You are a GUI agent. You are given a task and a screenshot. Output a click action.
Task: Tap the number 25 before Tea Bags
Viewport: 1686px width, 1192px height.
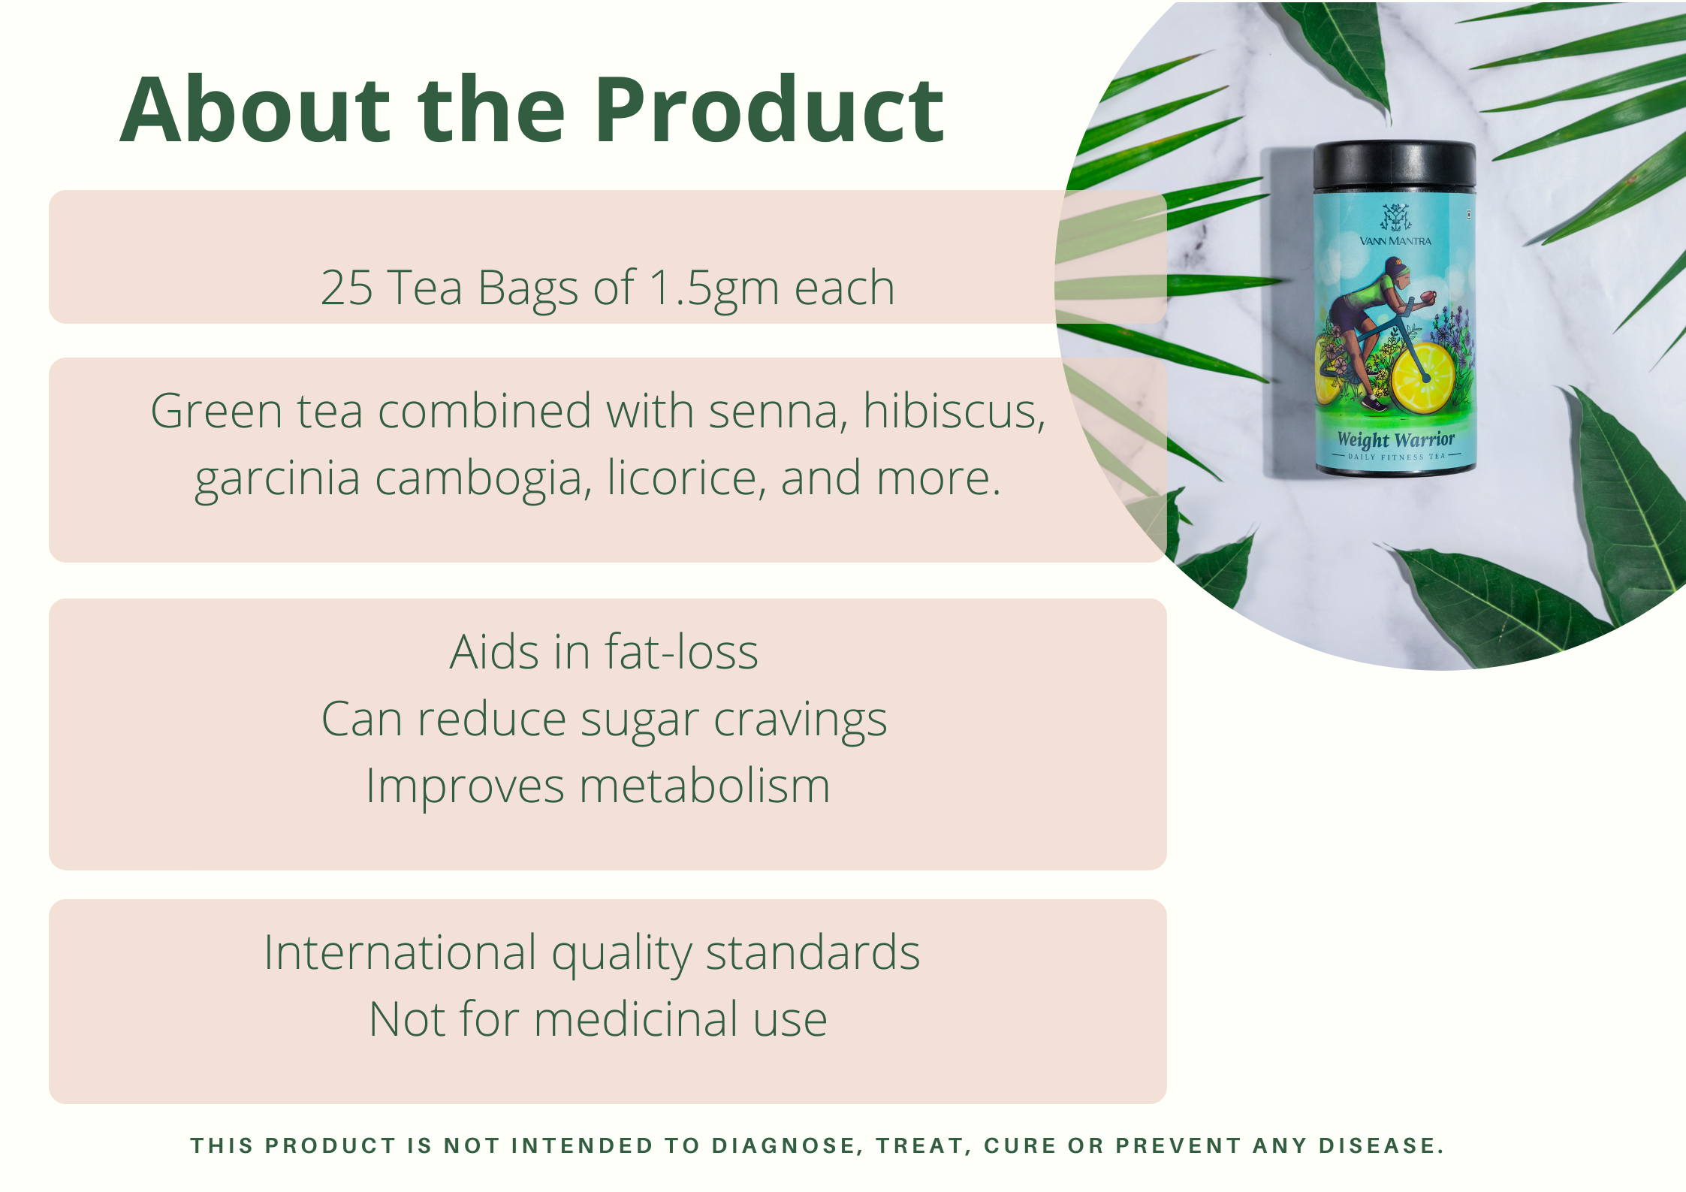[346, 288]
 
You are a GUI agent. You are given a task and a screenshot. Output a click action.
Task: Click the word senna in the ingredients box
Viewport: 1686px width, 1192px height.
[778, 413]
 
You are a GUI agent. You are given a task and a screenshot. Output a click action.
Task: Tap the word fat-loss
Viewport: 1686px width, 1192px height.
[681, 651]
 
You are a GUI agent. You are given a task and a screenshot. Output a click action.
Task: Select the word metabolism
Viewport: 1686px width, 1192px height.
[704, 786]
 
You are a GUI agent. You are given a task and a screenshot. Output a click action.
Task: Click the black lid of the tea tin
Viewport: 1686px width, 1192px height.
[1395, 167]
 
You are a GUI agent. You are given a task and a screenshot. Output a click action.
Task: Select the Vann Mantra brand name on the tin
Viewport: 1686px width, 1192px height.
[1395, 241]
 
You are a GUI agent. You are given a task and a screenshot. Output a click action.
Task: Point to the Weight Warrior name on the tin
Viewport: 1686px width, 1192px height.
[1396, 439]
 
